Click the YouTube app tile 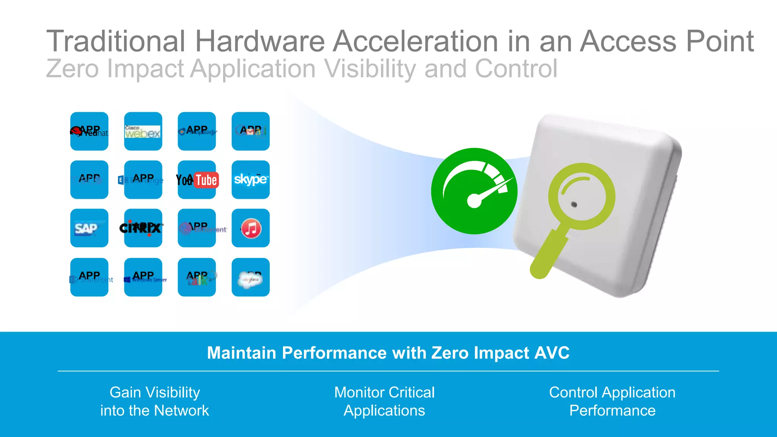197,180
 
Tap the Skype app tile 250,180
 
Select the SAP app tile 89,228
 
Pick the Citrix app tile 143,228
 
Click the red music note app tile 250,228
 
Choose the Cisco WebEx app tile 143,131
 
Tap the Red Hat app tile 89,131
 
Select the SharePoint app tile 89,277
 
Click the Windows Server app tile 143,277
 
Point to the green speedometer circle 474,191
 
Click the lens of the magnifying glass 581,196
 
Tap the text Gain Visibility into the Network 154,401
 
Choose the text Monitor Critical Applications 384,401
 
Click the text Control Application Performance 612,401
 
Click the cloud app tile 250,277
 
